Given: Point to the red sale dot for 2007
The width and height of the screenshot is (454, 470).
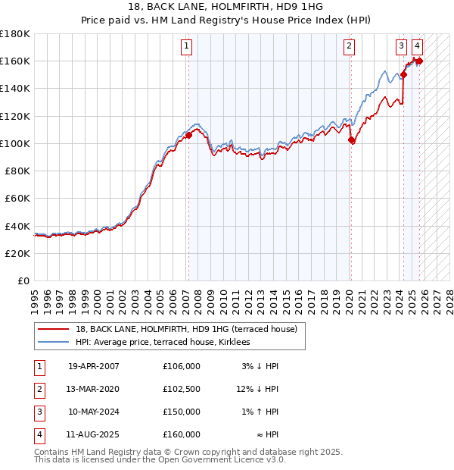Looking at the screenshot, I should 188,136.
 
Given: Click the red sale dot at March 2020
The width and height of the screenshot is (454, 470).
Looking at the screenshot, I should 351,140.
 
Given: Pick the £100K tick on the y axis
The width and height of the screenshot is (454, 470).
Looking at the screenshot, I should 14,143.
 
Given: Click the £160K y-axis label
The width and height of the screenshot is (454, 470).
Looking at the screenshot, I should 14,61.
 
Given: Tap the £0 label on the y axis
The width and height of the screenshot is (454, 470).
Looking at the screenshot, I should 23,281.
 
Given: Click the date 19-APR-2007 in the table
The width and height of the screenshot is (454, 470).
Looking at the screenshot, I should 94,366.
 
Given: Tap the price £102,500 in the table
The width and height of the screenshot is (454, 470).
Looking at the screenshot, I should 181,389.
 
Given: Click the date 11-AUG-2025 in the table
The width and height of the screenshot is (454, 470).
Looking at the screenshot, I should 94,434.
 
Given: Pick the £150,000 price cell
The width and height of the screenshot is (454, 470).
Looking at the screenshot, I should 181,412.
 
